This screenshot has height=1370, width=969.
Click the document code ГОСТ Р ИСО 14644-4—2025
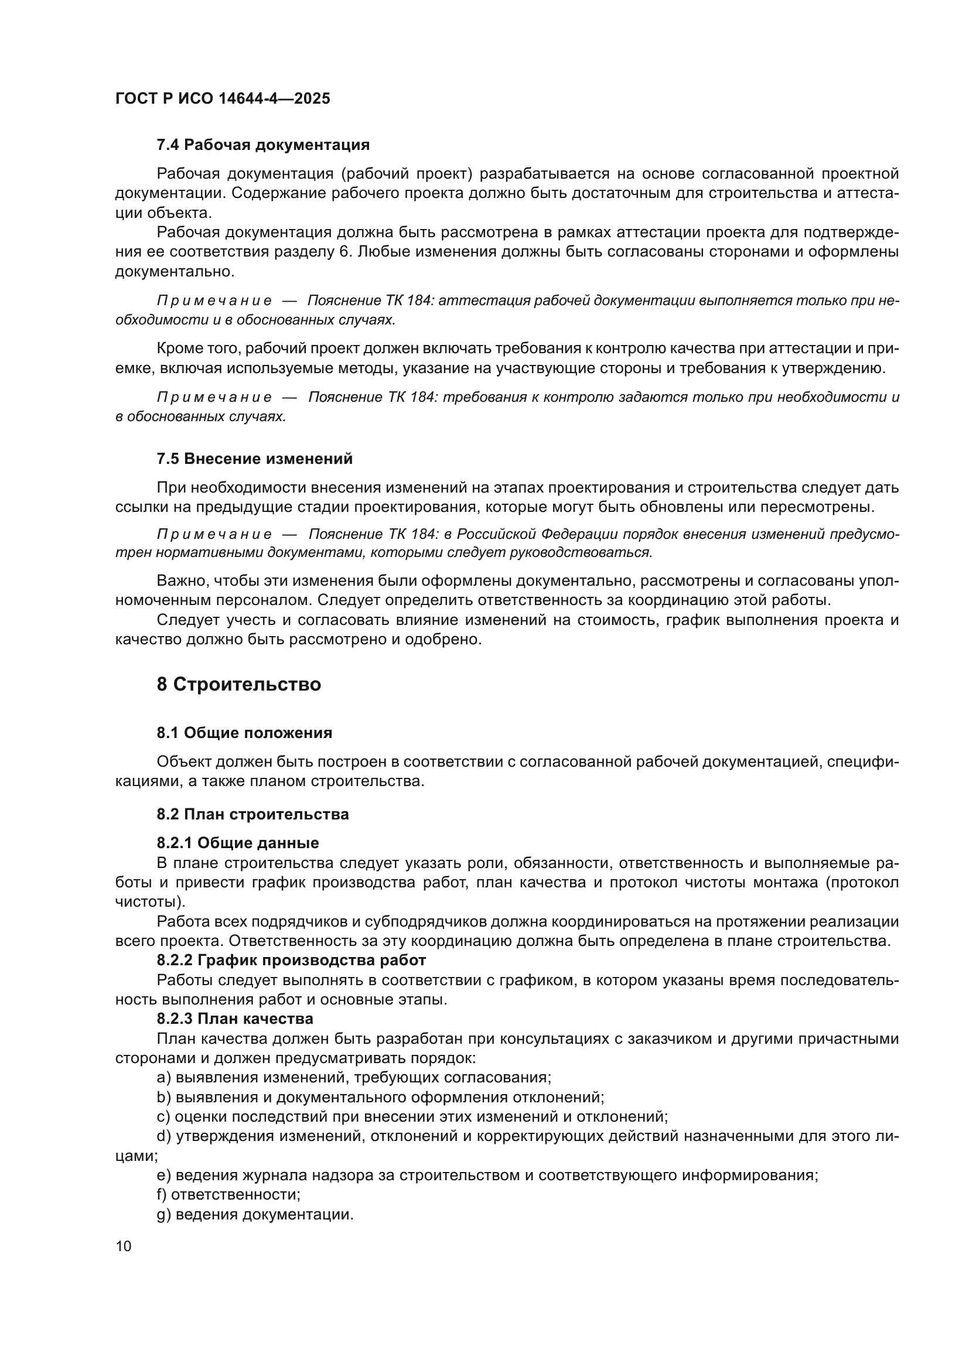click(223, 98)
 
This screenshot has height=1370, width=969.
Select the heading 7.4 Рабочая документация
click(263, 145)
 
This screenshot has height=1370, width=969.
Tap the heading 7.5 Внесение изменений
click(255, 458)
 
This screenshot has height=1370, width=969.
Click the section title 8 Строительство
click(238, 684)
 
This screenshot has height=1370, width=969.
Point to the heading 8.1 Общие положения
click(245, 733)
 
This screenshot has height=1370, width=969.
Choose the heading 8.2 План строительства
click(253, 814)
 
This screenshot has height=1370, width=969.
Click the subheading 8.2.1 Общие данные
click(237, 842)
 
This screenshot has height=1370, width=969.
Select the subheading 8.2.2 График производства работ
click(291, 960)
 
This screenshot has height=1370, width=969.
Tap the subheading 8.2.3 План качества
click(234, 1018)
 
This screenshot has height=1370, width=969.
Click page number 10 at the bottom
click(124, 1246)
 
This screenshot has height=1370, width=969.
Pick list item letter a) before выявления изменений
click(163, 1077)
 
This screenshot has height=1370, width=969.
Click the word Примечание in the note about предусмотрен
click(214, 534)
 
